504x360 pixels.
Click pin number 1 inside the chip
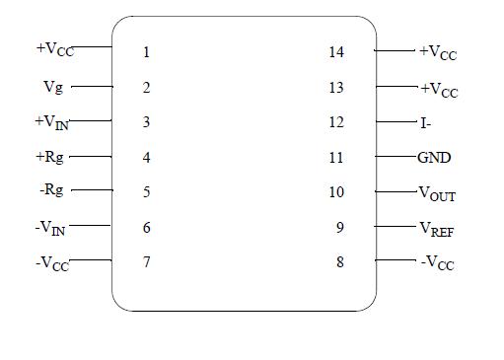[x=146, y=52]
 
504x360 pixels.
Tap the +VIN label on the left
[x=52, y=122]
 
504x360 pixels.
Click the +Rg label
[x=52, y=157]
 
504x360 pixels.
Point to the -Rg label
[x=52, y=191]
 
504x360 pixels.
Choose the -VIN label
[x=51, y=228]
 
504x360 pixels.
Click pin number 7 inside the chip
[x=146, y=263]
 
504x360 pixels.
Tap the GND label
[x=434, y=157]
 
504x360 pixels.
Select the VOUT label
[x=438, y=194]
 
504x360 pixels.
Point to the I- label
[x=425, y=123]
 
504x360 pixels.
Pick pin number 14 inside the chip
[x=336, y=52]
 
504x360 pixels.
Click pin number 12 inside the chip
[x=336, y=122]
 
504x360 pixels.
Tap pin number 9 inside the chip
[x=339, y=228]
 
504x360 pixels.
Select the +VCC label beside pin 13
[x=439, y=90]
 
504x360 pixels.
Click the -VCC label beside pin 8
[x=437, y=264]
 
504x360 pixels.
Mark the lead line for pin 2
[x=91, y=87]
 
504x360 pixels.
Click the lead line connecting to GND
[x=396, y=157]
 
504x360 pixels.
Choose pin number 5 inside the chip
[x=146, y=192]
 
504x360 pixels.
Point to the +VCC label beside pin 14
[x=438, y=53]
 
